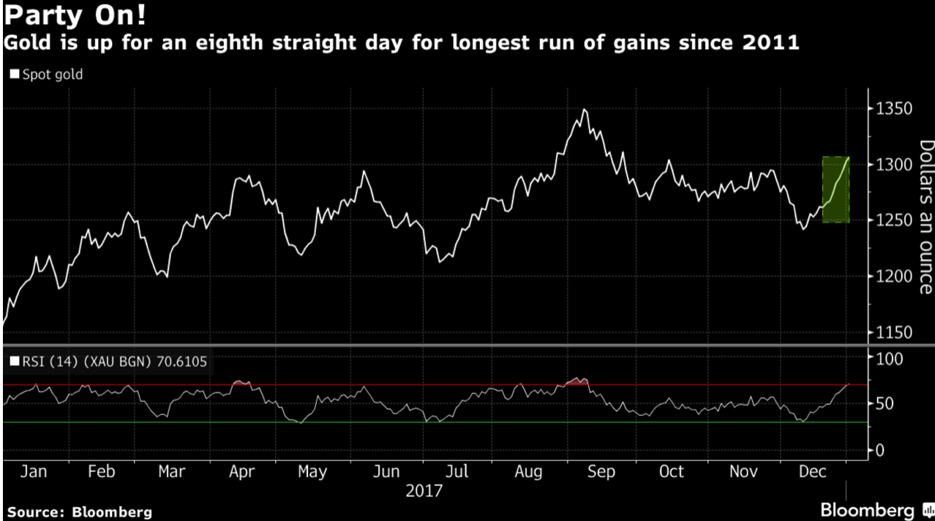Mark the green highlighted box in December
(835, 190)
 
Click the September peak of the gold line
(583, 110)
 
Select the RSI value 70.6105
(187, 360)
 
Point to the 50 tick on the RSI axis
(885, 404)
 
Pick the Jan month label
(34, 472)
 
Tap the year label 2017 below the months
(424, 490)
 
